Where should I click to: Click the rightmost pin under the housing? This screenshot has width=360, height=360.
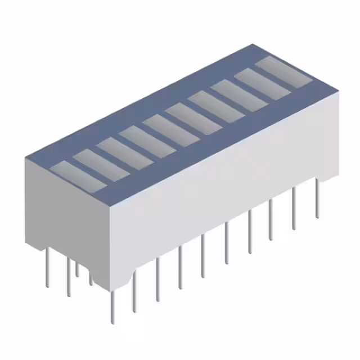pos(317,200)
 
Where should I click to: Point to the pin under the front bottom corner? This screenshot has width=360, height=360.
pos(112,307)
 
